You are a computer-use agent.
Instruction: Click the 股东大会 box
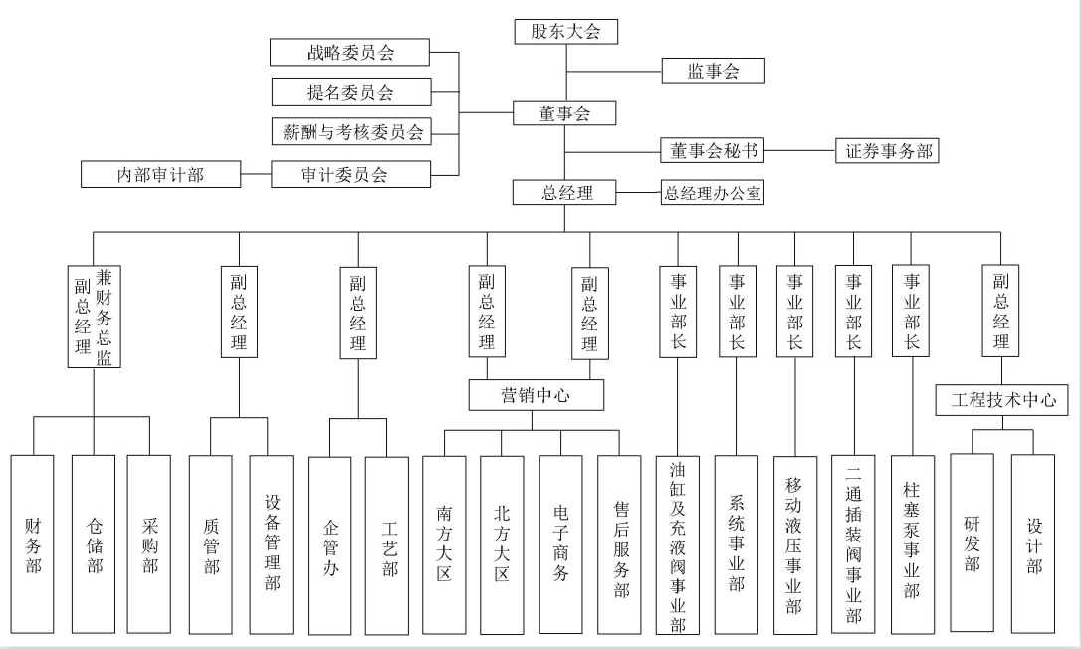pos(565,31)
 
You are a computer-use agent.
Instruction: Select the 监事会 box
pos(713,71)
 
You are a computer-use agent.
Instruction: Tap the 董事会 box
pos(565,113)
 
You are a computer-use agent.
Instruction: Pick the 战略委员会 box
pos(350,52)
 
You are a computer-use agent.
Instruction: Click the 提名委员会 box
pos(350,92)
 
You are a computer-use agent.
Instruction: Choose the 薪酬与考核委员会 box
pos(350,131)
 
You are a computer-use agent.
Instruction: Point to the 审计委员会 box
pos(350,175)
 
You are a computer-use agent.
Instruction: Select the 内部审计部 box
pos(160,175)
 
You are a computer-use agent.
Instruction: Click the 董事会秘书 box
pos(712,150)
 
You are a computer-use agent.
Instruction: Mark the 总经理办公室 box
pos(713,193)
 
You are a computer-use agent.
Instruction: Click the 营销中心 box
pos(536,395)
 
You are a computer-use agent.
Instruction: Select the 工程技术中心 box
pos(1002,401)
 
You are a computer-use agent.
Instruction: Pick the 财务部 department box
pos(33,544)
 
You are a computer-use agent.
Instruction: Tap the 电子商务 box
pos(560,544)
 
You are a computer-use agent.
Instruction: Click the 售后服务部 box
pos(619,544)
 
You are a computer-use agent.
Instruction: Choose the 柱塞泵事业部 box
pos(912,542)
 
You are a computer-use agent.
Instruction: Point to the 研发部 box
pos(972,542)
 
